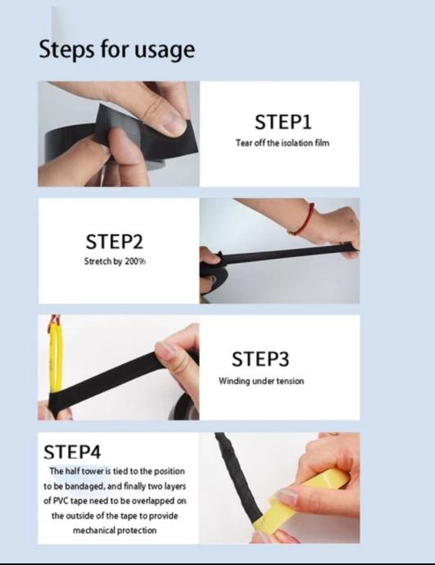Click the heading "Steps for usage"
click(117, 49)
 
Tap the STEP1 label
click(283, 122)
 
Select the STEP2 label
click(114, 242)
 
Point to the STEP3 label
click(261, 359)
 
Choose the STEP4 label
click(72, 452)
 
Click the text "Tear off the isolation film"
click(283, 143)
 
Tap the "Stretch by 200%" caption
click(115, 261)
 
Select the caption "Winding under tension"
click(261, 381)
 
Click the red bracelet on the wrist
click(305, 220)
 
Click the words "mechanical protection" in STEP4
click(115, 531)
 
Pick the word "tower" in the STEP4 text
click(93, 472)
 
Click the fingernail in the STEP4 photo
click(287, 498)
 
